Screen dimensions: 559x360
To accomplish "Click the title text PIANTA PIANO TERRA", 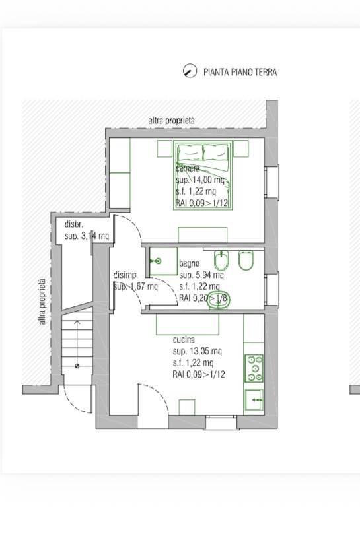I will coord(240,72).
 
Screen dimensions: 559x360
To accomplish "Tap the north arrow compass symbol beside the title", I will coord(190,71).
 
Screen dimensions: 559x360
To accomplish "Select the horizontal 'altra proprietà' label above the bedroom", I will coord(172,121).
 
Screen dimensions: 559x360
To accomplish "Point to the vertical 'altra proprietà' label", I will coord(42,302).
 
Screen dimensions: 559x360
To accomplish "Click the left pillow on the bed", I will coord(188,153).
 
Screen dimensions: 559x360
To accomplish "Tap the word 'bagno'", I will coord(190,263).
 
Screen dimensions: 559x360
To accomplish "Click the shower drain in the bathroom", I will coord(158,261).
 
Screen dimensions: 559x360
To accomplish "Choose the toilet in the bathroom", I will coord(245,261).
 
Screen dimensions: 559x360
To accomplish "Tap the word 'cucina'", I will coord(184,340).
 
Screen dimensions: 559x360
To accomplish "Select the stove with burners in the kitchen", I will coord(254,368).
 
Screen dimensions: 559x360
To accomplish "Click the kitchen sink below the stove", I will coord(254,400).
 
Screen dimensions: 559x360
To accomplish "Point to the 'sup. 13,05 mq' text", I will coord(198,351).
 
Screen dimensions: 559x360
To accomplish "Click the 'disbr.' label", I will coord(74,224).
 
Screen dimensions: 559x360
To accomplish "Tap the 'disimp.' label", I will coord(126,275).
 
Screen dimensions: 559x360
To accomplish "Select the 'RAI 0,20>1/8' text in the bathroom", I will coord(203,298).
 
